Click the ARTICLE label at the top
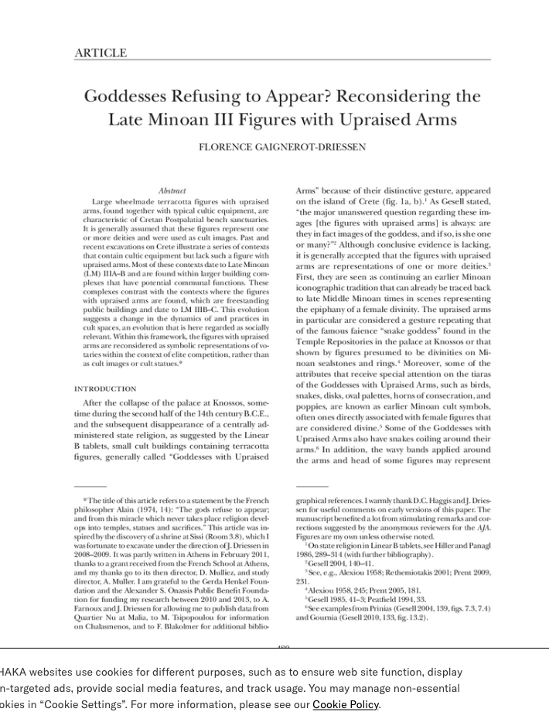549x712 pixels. pyautogui.click(x=100, y=53)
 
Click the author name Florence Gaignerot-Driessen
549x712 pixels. pyautogui.click(x=282, y=147)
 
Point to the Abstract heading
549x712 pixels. pyautogui.click(x=172, y=190)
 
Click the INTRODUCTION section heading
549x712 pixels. pyautogui.click(x=105, y=389)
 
